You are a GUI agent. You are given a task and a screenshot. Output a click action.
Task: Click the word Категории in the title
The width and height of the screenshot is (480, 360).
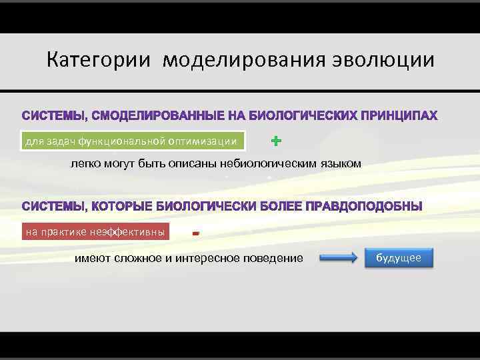click(x=99, y=61)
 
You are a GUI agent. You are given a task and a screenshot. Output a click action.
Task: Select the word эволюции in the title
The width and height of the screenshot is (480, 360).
click(x=381, y=61)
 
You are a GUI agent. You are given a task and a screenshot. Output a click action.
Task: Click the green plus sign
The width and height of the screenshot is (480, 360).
click(x=277, y=141)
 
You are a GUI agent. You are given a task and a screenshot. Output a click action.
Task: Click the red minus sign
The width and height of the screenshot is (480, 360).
click(x=195, y=233)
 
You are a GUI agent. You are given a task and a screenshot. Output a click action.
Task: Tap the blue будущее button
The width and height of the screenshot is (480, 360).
click(x=399, y=258)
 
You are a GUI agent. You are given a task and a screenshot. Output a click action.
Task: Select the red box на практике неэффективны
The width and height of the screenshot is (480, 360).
click(x=95, y=232)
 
